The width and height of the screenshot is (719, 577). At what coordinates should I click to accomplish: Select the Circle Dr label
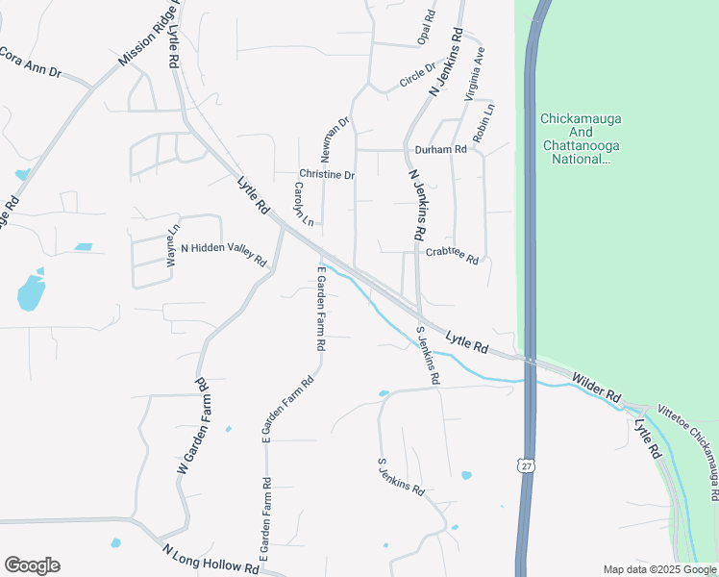(x=416, y=74)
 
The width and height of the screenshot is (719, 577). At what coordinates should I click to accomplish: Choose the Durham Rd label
(x=440, y=150)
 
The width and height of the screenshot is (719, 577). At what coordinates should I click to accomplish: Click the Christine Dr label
(x=327, y=175)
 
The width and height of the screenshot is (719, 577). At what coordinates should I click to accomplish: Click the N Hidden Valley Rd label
(x=223, y=254)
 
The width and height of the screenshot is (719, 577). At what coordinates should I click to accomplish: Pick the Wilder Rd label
(x=597, y=388)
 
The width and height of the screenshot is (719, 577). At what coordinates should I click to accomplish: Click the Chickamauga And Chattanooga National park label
(x=581, y=138)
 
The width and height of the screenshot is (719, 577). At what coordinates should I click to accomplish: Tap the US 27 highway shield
(x=526, y=465)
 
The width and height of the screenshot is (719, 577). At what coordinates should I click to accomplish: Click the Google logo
(x=32, y=565)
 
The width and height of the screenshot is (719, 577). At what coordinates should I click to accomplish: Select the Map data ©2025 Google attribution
(x=657, y=569)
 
